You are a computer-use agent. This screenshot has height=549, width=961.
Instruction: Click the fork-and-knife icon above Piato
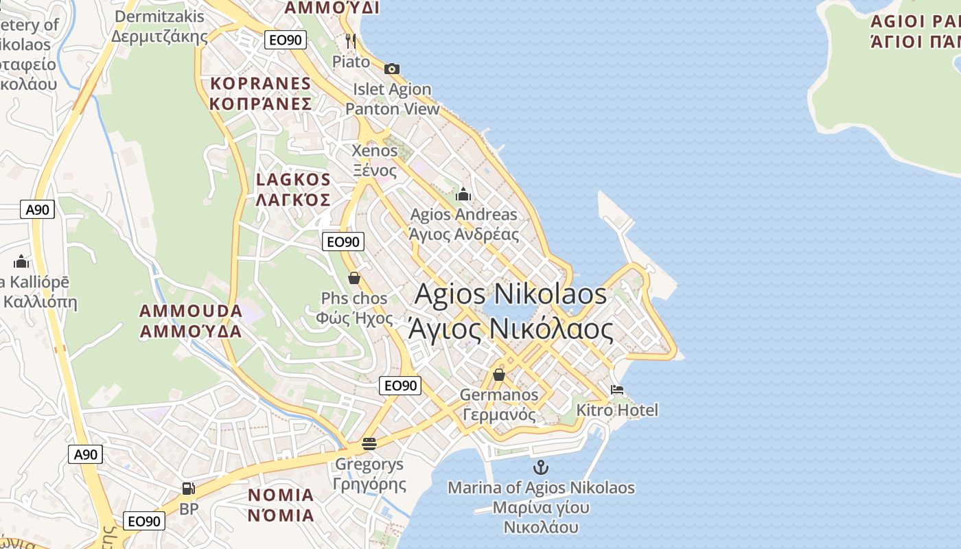[351, 41]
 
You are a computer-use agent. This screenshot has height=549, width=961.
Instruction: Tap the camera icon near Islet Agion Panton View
[392, 69]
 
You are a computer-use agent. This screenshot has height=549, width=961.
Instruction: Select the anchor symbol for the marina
[541, 468]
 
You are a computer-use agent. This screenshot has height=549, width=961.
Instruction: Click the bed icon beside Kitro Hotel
[617, 390]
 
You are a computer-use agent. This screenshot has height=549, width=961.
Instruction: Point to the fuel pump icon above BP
[188, 489]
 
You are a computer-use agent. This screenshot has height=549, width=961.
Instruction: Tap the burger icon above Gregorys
[369, 443]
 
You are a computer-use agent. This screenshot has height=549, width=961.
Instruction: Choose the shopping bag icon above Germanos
[499, 375]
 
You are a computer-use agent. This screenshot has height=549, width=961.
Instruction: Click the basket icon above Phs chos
[354, 278]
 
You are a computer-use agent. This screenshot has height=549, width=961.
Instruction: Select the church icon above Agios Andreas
[463, 194]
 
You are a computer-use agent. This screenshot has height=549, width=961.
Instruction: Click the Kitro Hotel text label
[617, 410]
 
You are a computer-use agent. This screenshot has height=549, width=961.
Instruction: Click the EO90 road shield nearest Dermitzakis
[285, 40]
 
